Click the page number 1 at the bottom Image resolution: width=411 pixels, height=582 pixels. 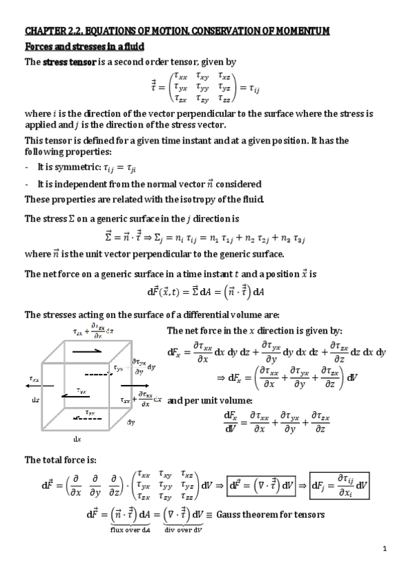point(386,548)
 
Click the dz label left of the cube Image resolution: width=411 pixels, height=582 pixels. point(35,400)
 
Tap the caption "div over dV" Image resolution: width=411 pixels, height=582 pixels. point(184,530)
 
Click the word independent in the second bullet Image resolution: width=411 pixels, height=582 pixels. point(79,184)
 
